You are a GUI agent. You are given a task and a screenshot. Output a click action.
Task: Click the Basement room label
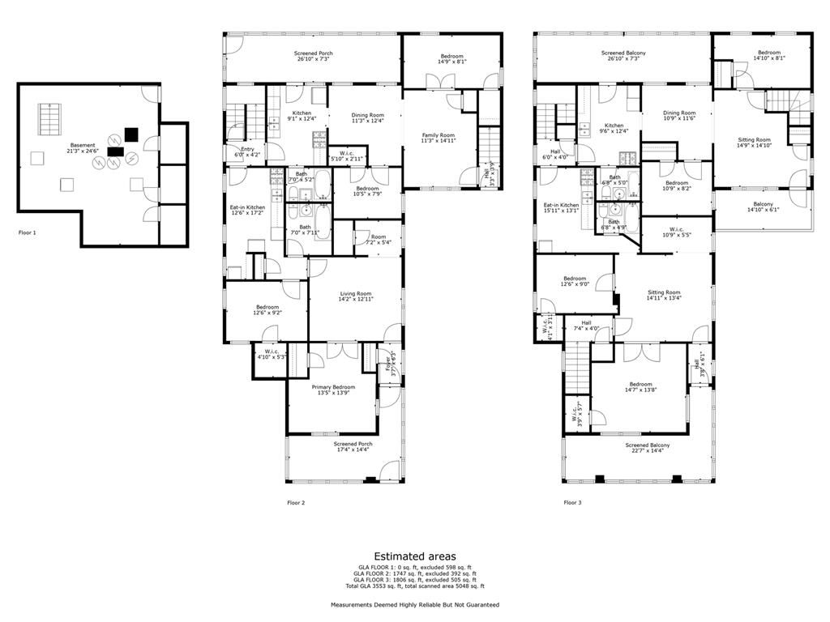point(82,148)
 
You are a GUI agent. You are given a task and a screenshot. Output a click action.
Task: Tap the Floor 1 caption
point(28,232)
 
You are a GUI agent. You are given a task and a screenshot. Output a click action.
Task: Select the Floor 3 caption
point(572,502)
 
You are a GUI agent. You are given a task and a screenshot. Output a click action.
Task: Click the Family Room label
point(438,138)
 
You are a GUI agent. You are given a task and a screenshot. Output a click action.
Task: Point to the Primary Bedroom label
point(332,390)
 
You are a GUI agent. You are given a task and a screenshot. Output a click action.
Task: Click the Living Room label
point(355,296)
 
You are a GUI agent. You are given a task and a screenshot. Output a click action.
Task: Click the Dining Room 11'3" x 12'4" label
point(366,118)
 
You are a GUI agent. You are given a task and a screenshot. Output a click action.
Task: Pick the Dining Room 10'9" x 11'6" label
point(678,116)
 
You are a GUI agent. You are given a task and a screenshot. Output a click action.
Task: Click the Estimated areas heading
point(414,556)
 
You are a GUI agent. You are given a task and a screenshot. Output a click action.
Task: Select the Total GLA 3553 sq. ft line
point(414,586)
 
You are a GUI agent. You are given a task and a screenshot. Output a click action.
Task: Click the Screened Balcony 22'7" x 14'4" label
point(647,448)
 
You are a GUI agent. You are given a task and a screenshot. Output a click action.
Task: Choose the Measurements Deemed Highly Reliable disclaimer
point(414,605)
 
